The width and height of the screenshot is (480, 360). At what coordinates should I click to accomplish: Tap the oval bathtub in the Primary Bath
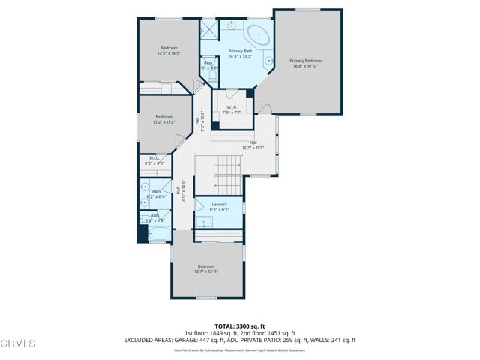pyautogui.click(x=259, y=34)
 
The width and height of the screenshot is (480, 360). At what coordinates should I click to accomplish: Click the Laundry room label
pyautogui.click(x=219, y=204)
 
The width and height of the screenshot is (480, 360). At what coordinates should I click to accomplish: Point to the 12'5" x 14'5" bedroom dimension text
pyautogui.click(x=169, y=53)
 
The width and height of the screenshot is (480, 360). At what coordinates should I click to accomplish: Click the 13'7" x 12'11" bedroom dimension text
pyautogui.click(x=206, y=271)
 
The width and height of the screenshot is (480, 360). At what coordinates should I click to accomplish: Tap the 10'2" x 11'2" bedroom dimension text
pyautogui.click(x=164, y=122)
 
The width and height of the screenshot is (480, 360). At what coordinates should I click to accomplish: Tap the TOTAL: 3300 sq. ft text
pyautogui.click(x=240, y=326)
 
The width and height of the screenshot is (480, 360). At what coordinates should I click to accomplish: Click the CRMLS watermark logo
pyautogui.click(x=19, y=343)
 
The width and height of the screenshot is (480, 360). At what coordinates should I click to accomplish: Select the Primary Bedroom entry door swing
pyautogui.click(x=264, y=109)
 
